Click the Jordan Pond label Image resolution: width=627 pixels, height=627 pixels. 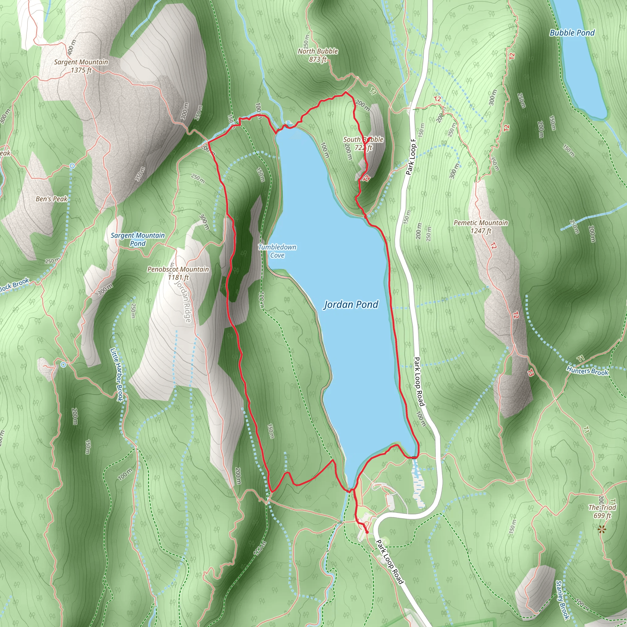[x=351, y=304]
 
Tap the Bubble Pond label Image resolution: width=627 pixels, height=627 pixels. [x=572, y=33]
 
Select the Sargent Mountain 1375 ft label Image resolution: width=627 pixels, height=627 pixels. [x=81, y=66]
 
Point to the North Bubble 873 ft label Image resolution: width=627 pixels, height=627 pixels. [x=318, y=55]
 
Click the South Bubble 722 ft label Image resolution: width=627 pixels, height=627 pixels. [x=363, y=144]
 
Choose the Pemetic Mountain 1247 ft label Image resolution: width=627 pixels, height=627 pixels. [x=481, y=227]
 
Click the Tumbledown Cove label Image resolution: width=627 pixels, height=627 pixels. [x=277, y=251]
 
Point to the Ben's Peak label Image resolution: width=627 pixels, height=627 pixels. [x=52, y=199]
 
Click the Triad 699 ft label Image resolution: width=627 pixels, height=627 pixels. [x=602, y=511]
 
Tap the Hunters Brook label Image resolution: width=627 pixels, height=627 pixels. [x=587, y=371]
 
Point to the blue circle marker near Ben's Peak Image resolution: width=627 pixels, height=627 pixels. [x=72, y=166]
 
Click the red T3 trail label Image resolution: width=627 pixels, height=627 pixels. [x=530, y=373]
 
